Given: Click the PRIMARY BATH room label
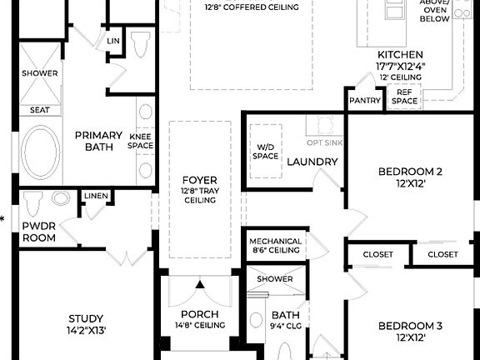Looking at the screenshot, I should click(x=99, y=141).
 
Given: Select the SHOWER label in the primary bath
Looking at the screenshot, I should click(x=39, y=73).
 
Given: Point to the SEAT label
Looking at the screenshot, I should click(x=39, y=109).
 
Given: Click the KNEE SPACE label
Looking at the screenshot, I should click(x=141, y=140).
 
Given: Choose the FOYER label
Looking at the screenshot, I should click(x=200, y=180).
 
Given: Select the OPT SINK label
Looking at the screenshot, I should click(x=325, y=120).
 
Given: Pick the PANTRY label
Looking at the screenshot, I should click(x=365, y=101).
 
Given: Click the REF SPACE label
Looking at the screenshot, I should click(x=404, y=97).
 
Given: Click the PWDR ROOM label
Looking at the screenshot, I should click(x=39, y=232).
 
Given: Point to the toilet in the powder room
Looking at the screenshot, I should click(x=33, y=202).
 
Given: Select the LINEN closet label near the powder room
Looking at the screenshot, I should click(x=94, y=196).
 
